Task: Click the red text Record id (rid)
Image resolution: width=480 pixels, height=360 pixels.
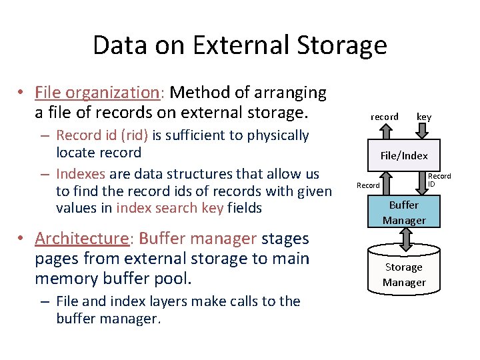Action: pos(103,135)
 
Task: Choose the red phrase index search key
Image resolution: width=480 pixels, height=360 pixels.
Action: pos(169,208)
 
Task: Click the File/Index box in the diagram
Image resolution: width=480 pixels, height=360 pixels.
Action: pos(404,156)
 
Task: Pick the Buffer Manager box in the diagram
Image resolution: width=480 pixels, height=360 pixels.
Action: pos(404,213)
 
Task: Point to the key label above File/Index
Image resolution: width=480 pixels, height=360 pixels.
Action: pos(424,117)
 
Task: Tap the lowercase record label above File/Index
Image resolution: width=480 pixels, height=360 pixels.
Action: pos(385,117)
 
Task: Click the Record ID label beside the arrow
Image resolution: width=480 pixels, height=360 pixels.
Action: pos(439,180)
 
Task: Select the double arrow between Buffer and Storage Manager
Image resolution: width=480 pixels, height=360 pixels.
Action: pos(404,237)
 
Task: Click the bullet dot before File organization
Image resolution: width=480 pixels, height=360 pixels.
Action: pos(22,93)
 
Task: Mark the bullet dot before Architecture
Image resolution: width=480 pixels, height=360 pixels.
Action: pos(22,239)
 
